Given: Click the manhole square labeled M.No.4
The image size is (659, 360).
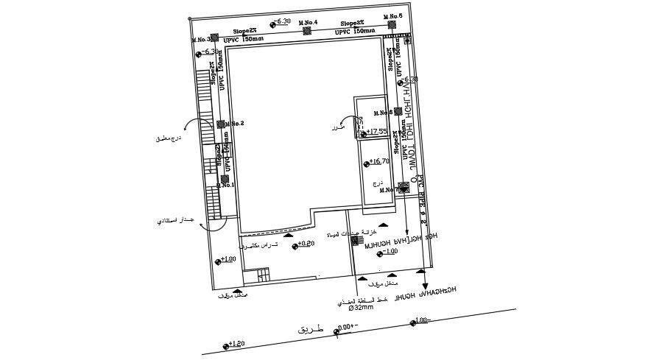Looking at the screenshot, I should [307, 31].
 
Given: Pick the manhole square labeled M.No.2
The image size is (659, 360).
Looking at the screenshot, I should [220, 124].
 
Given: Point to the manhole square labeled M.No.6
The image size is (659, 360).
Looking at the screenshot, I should [398, 112].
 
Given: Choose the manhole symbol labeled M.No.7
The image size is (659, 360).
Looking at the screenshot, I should [403, 188].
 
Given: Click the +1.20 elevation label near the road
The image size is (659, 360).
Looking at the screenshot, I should [236, 344].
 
